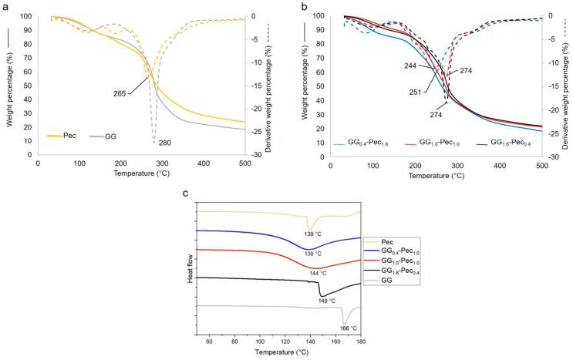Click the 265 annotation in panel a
click(120, 93)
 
